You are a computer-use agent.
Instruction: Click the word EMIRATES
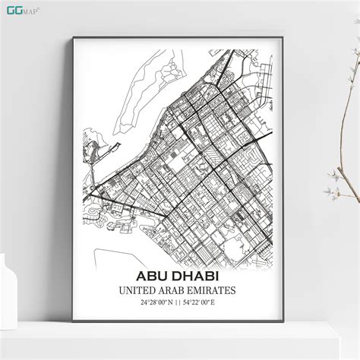(212, 290)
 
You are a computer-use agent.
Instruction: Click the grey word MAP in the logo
(30, 10)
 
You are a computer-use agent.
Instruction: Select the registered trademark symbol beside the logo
(39, 6)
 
